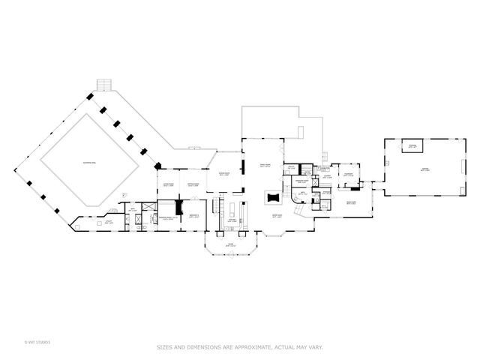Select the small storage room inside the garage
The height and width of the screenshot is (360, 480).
coord(412,145)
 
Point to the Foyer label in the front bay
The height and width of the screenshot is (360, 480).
coord(231,244)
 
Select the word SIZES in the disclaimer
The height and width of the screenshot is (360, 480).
coord(166,346)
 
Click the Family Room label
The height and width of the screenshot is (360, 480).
coord(264,165)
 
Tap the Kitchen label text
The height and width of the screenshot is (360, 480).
coord(233,221)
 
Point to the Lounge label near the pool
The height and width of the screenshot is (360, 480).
coord(109,222)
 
